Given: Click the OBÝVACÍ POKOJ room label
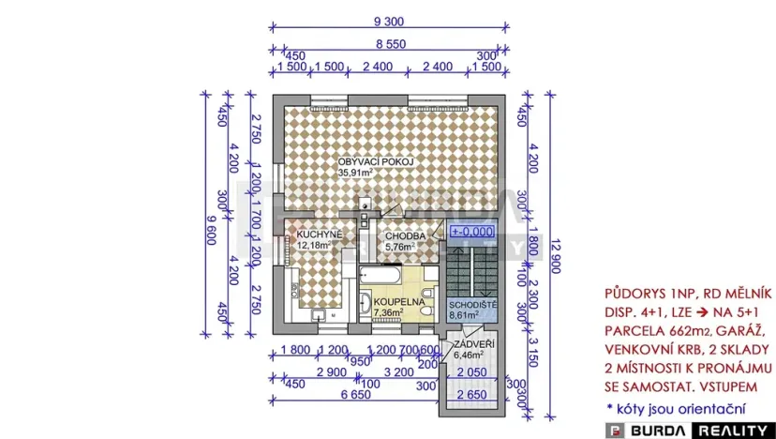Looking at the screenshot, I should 376,161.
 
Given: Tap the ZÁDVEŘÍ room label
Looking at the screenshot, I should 473,344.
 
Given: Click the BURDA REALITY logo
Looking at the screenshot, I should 690,428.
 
